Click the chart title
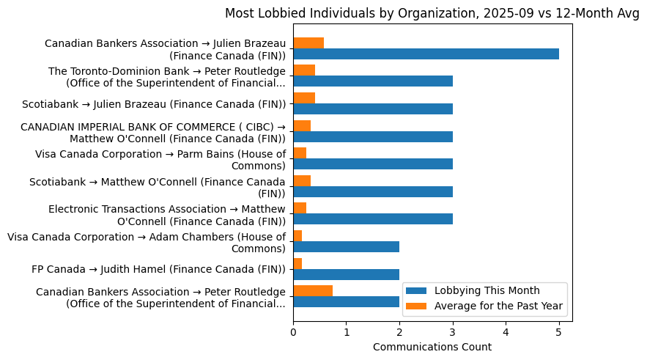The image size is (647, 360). (x=432, y=13)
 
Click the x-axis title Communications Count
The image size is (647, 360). (x=432, y=347)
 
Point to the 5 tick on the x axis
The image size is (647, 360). (x=559, y=332)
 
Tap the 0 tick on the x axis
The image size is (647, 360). (x=293, y=332)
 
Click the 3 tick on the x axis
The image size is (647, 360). (x=453, y=332)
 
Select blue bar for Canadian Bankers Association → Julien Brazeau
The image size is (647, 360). (x=426, y=54)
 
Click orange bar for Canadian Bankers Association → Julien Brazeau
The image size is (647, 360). (x=308, y=43)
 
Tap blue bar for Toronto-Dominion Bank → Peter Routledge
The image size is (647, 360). (x=373, y=81)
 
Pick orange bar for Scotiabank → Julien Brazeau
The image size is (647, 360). (x=304, y=98)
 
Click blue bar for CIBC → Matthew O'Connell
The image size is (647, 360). (x=373, y=136)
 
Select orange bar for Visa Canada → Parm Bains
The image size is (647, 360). (x=300, y=153)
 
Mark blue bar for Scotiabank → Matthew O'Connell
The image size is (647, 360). (x=373, y=191)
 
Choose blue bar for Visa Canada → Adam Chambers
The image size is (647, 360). (x=346, y=246)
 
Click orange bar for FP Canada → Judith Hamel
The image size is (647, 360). (x=297, y=263)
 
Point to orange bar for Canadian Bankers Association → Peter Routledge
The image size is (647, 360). (x=313, y=290)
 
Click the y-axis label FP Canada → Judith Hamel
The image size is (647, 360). (x=158, y=269)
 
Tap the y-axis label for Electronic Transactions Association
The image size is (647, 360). (x=166, y=215)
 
